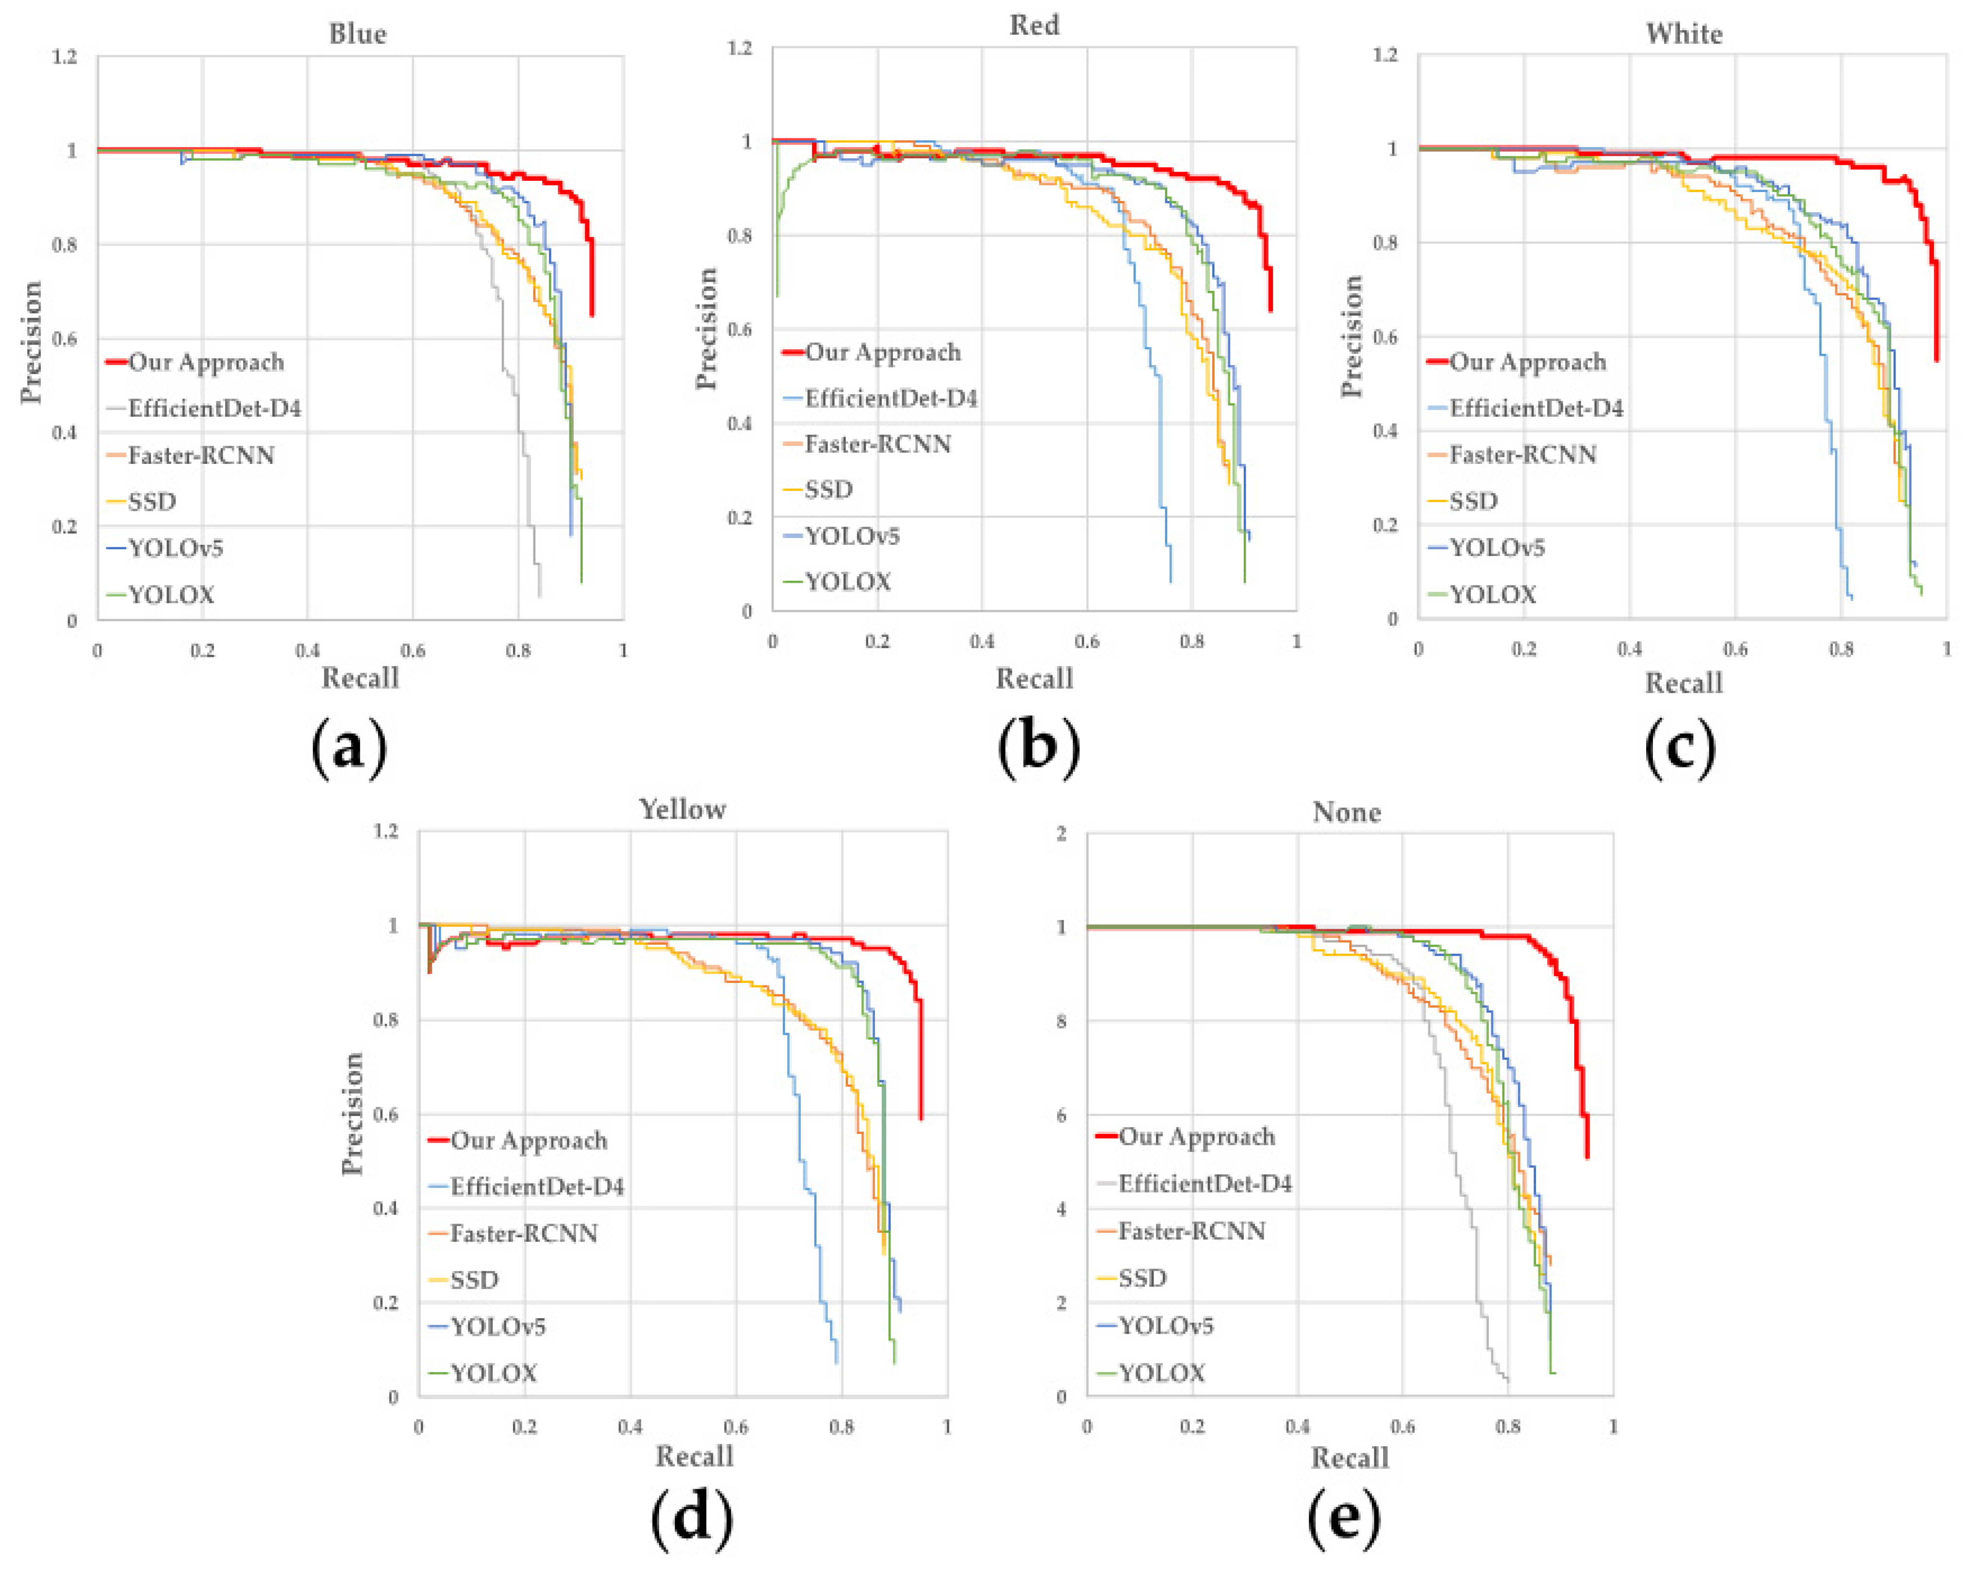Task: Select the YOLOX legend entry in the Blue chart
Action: point(171,595)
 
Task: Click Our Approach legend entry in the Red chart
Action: point(882,352)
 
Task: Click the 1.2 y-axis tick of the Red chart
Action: point(740,48)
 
